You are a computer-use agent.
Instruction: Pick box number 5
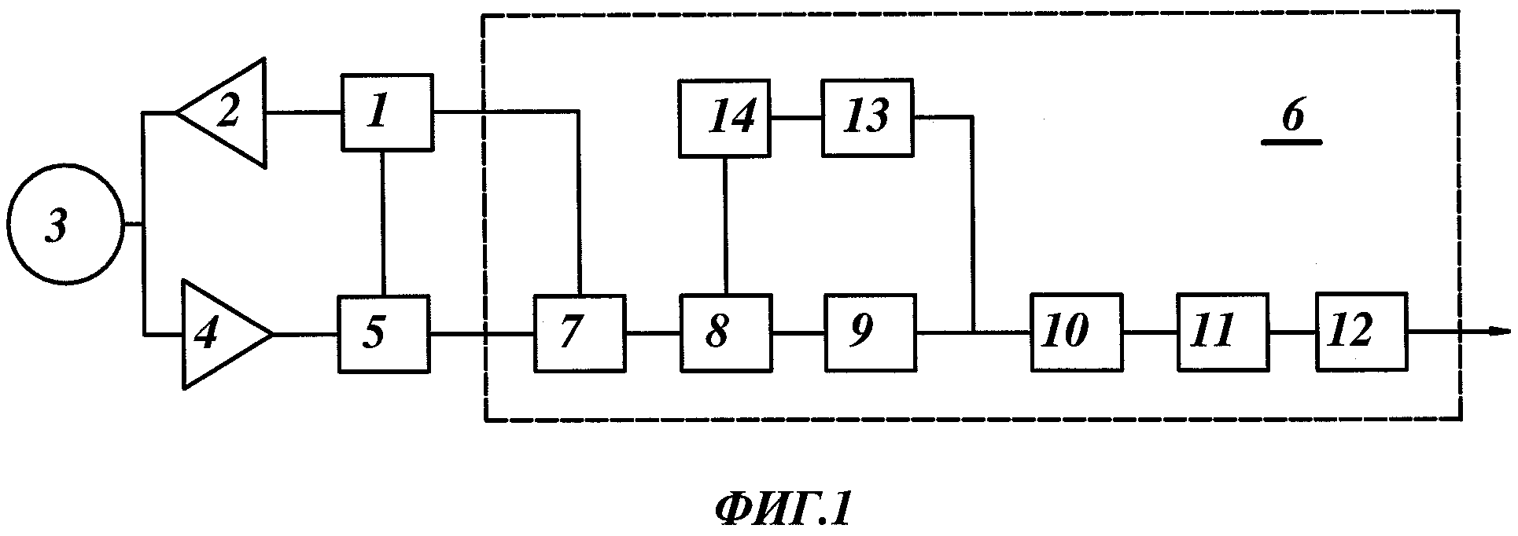(384, 334)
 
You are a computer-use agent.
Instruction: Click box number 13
(868, 117)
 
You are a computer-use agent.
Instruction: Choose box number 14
(724, 117)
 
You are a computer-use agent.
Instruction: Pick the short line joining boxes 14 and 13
(796, 118)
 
